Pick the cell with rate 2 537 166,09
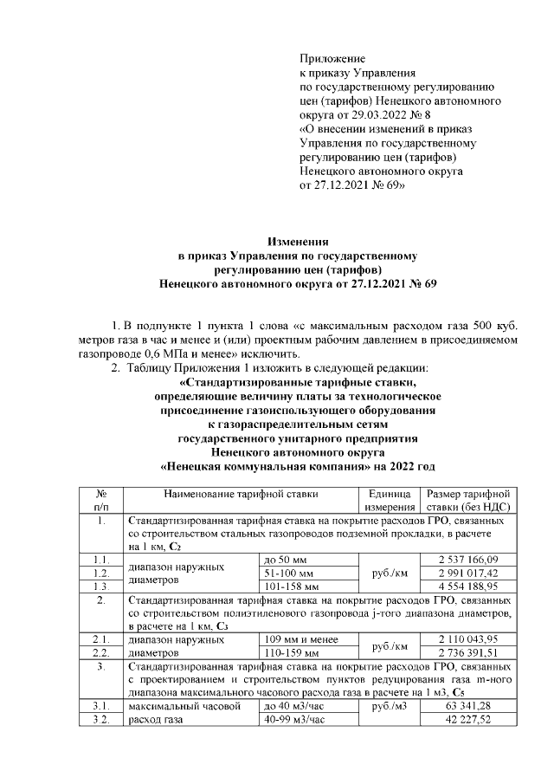click(467, 560)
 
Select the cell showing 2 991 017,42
click(467, 573)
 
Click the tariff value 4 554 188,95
click(467, 586)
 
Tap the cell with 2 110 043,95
click(467, 638)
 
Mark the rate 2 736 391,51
click(467, 652)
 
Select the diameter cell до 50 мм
click(286, 560)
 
